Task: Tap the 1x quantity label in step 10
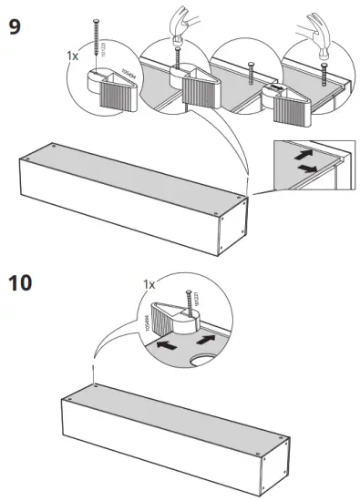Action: point(149,285)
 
